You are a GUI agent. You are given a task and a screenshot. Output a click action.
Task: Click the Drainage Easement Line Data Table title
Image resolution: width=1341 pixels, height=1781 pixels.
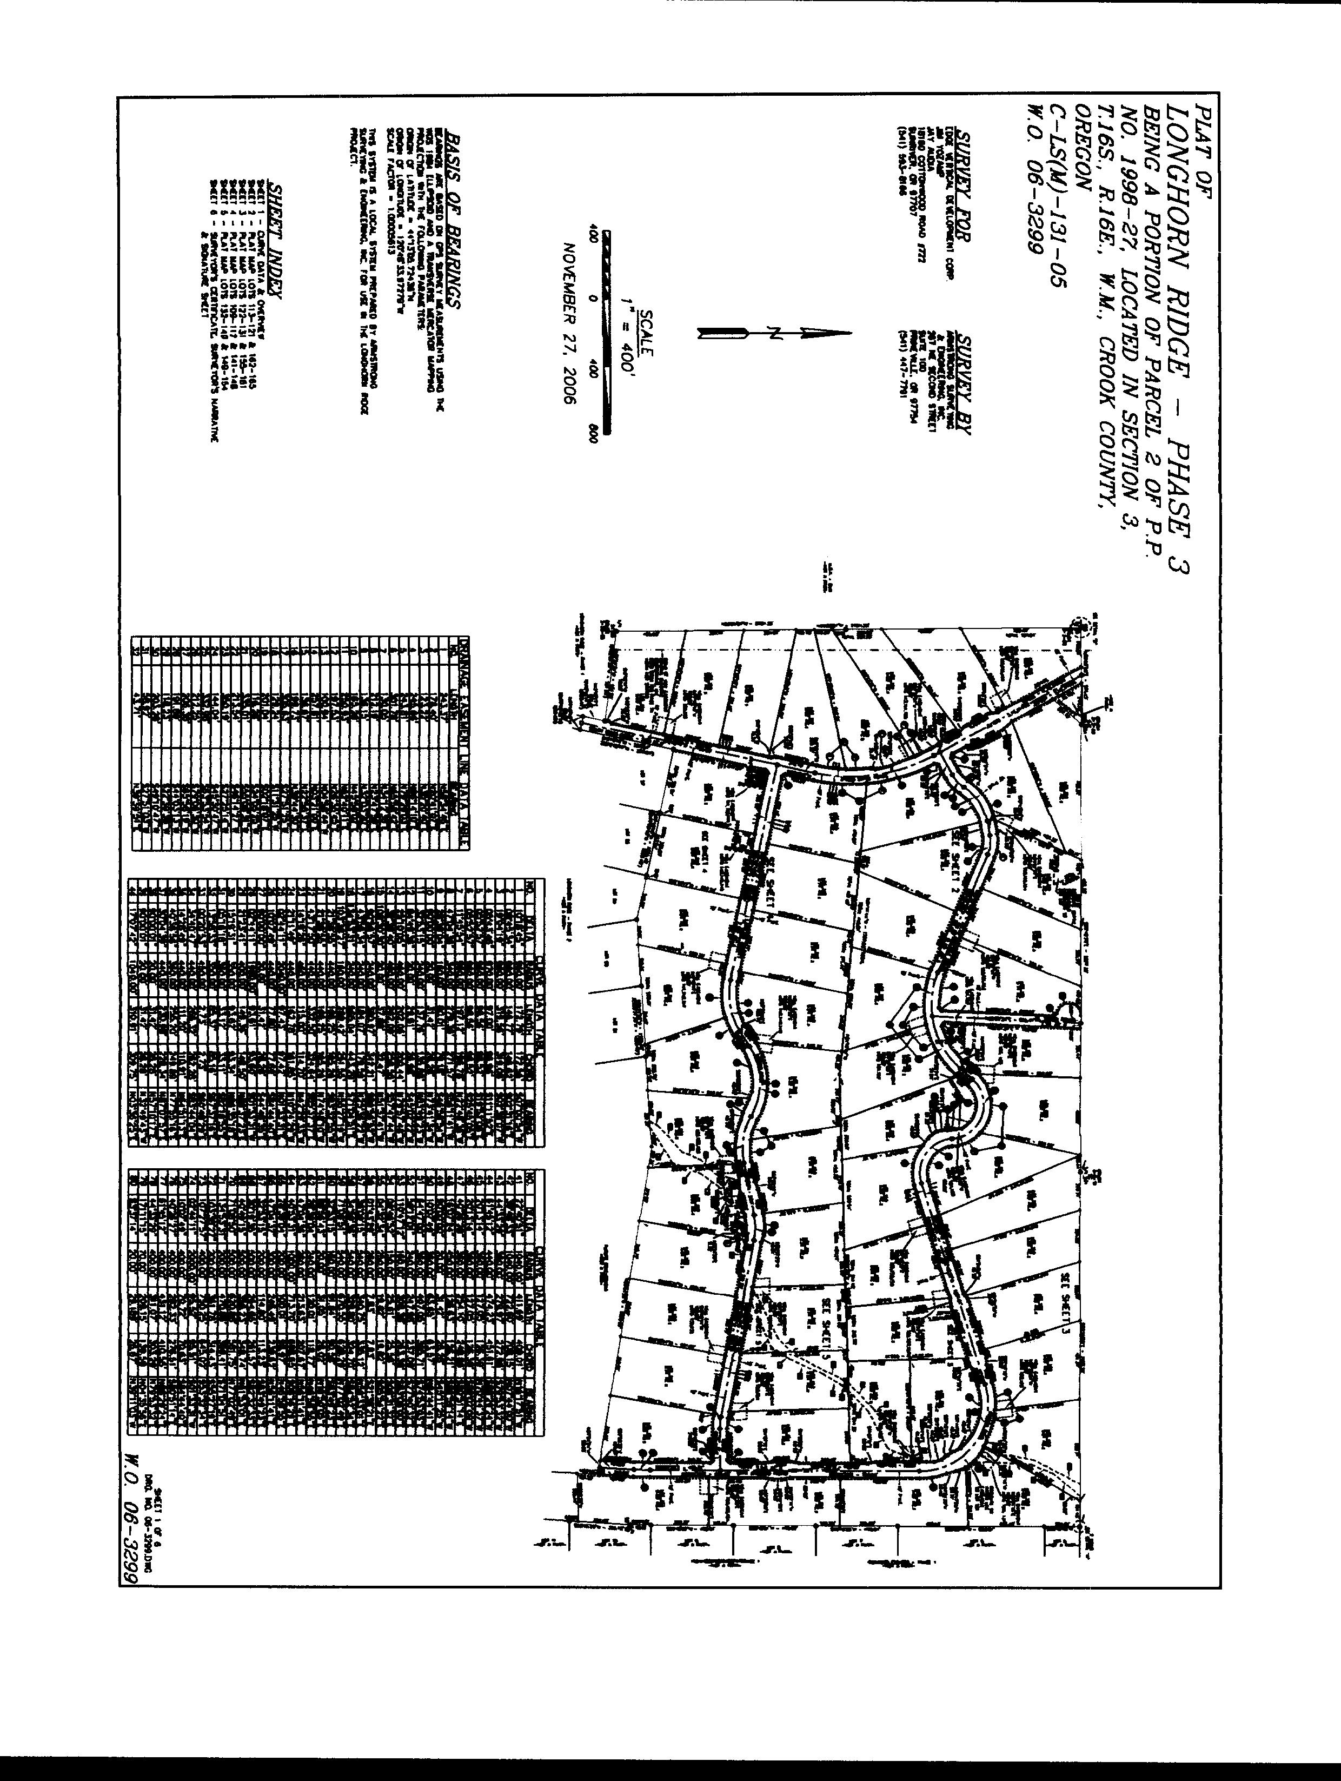[463, 741]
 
